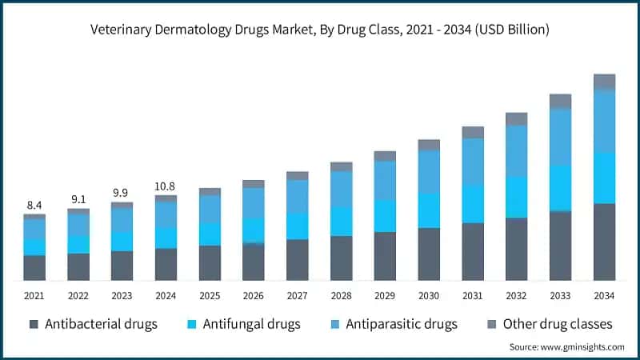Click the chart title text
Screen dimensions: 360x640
coord(320,30)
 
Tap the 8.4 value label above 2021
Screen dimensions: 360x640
coord(34,205)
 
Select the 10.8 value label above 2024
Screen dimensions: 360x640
coord(166,186)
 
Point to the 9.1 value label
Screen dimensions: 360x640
coord(78,199)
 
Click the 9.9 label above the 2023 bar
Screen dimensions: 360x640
coord(122,193)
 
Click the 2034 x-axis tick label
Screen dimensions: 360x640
coord(604,296)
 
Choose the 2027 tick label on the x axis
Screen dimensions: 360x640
coord(297,296)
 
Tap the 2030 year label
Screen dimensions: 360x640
coord(429,296)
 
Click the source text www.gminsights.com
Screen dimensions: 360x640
coord(566,346)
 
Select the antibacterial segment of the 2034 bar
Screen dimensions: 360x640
coord(604,242)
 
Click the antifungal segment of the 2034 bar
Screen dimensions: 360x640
coord(604,178)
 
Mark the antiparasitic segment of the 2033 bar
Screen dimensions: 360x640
coord(560,137)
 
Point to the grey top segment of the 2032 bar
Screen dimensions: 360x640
coord(517,118)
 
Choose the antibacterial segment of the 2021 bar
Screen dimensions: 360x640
coord(34,268)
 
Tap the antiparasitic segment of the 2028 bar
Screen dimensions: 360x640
coord(342,189)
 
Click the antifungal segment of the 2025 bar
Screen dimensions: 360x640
coord(210,234)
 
